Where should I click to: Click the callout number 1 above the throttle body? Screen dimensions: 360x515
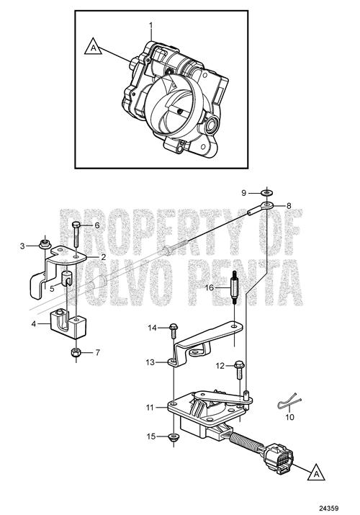(151, 25)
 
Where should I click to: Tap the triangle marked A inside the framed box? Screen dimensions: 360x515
(94, 47)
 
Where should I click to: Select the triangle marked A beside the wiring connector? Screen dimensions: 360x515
(316, 473)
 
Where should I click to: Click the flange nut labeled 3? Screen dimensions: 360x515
(45, 243)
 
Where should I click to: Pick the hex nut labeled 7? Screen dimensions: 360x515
(76, 353)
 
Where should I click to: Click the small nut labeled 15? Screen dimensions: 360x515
(173, 437)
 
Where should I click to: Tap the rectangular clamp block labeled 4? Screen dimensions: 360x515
(68, 325)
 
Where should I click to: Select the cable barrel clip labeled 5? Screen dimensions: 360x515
(66, 278)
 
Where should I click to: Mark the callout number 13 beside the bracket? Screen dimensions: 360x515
(150, 362)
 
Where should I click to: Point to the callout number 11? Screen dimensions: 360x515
(150, 408)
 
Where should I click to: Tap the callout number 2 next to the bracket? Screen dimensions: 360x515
(104, 257)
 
